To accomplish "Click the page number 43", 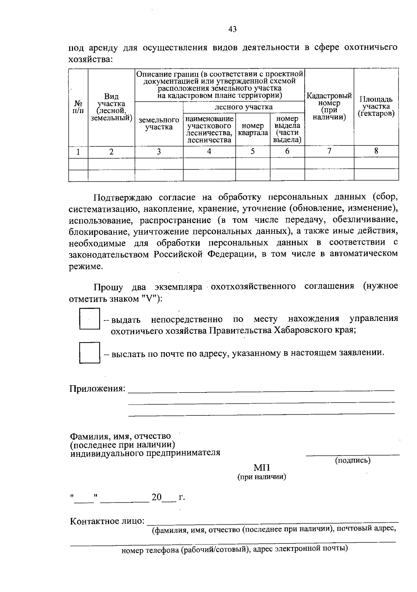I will coord(232,29).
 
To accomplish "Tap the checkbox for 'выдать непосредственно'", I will coord(90,319).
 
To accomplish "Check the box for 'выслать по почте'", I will coord(90,353).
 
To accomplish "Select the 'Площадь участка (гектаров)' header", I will coord(376,107).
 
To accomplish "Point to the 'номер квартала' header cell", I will coord(253,129).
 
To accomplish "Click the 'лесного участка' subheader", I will coord(244,107).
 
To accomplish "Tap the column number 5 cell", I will coord(253,151).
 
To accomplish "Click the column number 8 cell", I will coord(376,151).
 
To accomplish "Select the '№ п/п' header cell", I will coord(78,107).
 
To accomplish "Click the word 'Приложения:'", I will coord(97,389).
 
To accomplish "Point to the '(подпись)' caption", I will coord(353,460).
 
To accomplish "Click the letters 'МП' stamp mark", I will coord(262,468).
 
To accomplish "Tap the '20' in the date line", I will coord(156,497).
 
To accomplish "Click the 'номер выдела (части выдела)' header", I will coord(287,129).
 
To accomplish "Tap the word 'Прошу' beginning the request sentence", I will coord(108,287).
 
